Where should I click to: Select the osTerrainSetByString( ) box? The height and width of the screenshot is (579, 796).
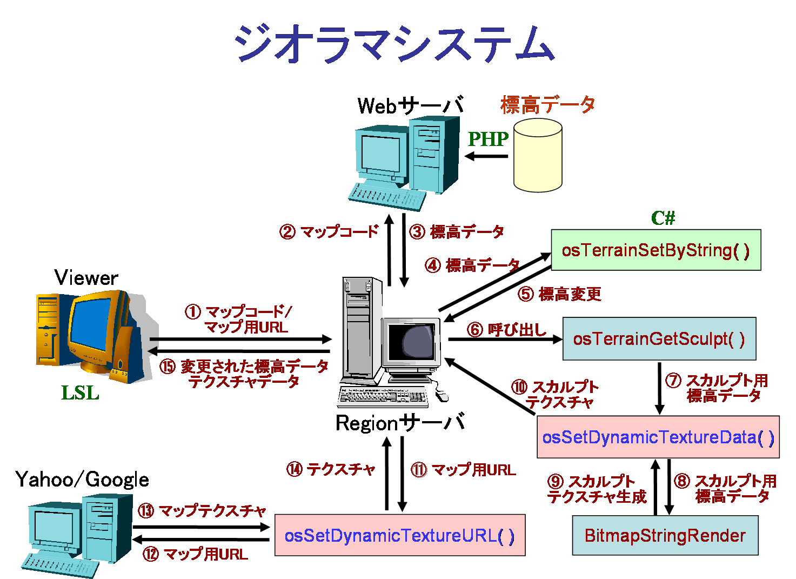(x=655, y=250)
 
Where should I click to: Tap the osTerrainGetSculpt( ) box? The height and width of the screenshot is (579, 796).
(x=659, y=339)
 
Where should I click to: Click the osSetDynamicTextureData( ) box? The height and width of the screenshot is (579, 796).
(x=658, y=437)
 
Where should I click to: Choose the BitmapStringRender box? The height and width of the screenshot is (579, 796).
(x=665, y=535)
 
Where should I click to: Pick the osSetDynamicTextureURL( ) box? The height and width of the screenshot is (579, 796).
(x=399, y=535)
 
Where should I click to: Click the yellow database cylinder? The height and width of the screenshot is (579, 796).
(x=538, y=156)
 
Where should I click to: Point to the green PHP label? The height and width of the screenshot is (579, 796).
(x=488, y=139)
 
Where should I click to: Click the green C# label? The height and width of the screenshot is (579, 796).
(x=663, y=218)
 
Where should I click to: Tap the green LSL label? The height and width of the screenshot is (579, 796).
(x=80, y=393)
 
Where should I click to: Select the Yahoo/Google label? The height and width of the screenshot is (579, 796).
(x=82, y=480)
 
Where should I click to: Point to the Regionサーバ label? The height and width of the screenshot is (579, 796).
(x=400, y=423)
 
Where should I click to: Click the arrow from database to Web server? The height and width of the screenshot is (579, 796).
(x=487, y=157)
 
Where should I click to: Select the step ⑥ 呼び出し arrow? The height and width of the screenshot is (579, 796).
(x=505, y=340)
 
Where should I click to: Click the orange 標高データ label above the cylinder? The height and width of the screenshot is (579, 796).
(x=547, y=104)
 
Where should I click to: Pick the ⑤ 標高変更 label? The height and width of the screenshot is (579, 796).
(x=559, y=294)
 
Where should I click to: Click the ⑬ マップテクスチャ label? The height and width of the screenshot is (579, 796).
(x=202, y=511)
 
